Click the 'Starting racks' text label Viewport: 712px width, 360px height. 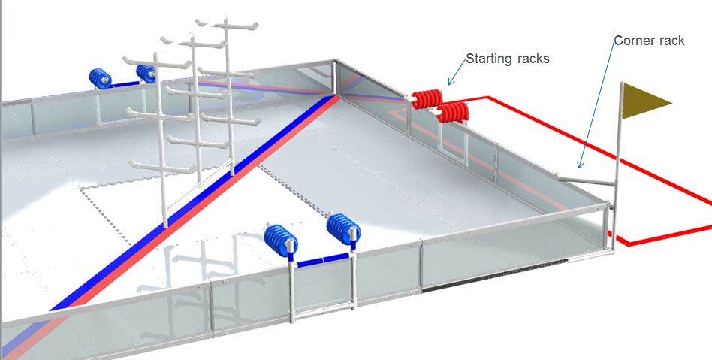pyautogui.click(x=508, y=59)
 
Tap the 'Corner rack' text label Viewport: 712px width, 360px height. pyautogui.click(x=649, y=41)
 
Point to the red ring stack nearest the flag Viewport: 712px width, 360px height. pyautogui.click(x=453, y=112)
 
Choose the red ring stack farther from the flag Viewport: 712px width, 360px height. pyautogui.click(x=427, y=99)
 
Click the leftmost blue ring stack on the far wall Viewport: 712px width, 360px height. pyautogui.click(x=101, y=79)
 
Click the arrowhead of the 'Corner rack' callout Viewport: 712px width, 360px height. pyautogui.click(x=579, y=165)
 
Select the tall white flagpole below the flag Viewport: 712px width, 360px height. pyautogui.click(x=617, y=166)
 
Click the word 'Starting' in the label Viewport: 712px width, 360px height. pyautogui.click(x=485, y=59)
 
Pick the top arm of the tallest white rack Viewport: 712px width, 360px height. pyautogui.click(x=227, y=23)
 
